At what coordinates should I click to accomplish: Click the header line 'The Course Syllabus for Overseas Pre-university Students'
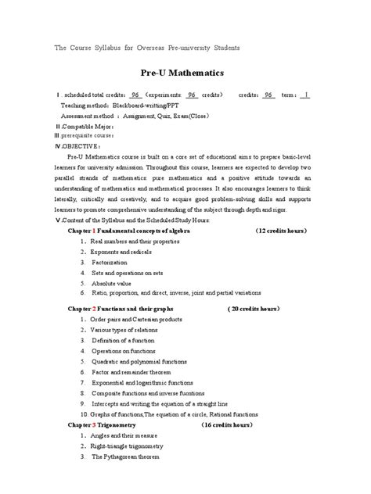pyautogui.click(x=146, y=48)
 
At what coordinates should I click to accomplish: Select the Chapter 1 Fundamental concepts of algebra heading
pyautogui.click(x=131, y=231)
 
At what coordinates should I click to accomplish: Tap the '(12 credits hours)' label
pyautogui.click(x=280, y=231)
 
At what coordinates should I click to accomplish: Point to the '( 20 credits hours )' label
pyautogui.click(x=265, y=309)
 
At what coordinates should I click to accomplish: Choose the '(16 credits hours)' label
pyautogui.click(x=226, y=424)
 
